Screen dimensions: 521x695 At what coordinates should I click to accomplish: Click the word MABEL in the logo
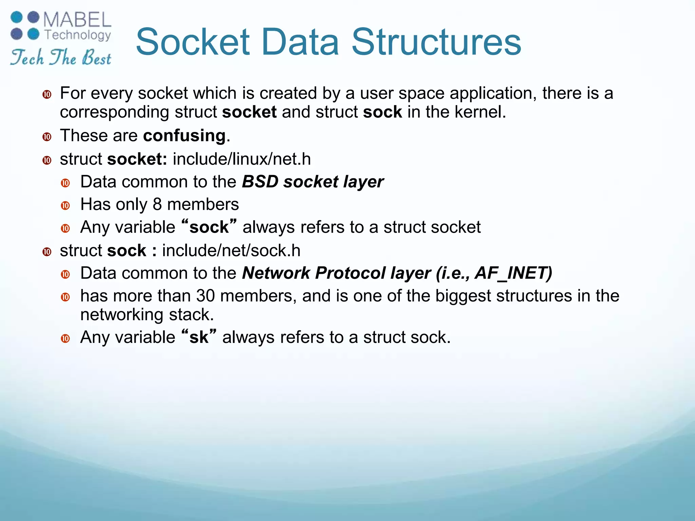coord(77,20)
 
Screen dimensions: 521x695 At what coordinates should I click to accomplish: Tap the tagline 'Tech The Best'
coord(60,57)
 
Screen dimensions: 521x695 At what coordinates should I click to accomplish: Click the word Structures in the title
coord(436,42)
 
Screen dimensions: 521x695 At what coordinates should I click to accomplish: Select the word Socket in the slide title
coord(193,42)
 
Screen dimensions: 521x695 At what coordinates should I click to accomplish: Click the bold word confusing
coord(184,136)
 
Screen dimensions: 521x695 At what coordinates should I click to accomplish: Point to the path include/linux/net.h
coord(242,159)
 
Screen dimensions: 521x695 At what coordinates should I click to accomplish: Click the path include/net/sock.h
coord(231,251)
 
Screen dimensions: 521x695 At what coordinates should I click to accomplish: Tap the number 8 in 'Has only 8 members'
coord(157,205)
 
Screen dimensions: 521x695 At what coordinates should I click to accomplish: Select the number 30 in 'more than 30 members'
coord(205,296)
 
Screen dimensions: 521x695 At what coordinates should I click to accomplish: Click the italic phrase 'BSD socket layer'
coord(313,182)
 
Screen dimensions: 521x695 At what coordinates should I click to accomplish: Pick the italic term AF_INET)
coord(513,273)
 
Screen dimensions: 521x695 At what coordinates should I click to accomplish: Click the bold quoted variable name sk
coord(199,337)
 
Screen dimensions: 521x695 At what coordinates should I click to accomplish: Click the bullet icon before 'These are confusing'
coord(47,137)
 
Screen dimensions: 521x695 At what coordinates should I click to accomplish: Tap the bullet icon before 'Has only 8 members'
coord(65,206)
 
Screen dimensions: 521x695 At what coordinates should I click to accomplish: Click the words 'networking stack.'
coord(147,315)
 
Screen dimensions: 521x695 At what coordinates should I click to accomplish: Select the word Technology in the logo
coord(78,35)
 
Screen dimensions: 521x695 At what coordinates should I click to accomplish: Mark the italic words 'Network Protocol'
coord(314,273)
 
